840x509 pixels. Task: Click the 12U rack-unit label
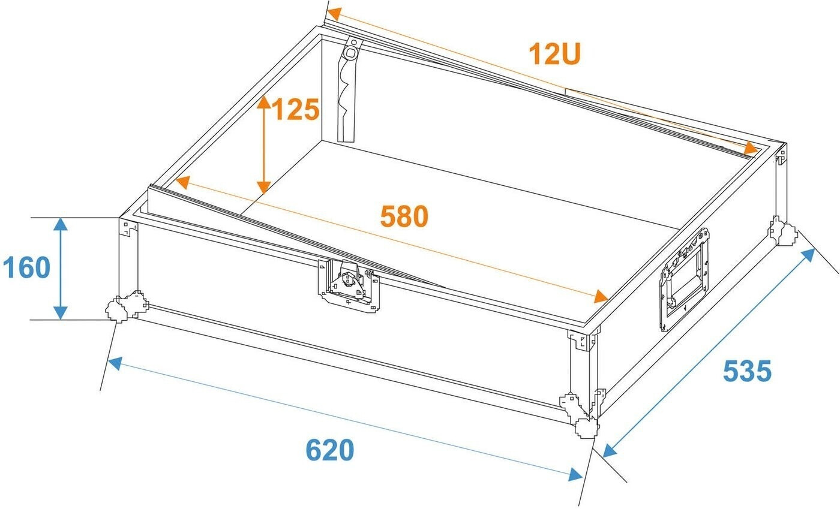(x=554, y=54)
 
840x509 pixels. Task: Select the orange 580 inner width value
(x=404, y=216)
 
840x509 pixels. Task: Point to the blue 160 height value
(x=26, y=267)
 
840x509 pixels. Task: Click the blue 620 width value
(x=329, y=450)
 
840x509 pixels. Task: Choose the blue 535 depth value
(x=747, y=371)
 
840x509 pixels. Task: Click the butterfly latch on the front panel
(x=349, y=285)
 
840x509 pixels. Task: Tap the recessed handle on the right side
(x=684, y=279)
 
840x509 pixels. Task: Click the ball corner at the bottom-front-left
(x=126, y=306)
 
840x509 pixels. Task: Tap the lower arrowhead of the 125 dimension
(x=263, y=188)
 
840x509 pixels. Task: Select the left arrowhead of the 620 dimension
(x=115, y=363)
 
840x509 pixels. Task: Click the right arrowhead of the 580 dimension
(x=601, y=297)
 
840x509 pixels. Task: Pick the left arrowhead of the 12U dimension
(x=334, y=14)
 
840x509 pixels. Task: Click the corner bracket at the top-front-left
(x=128, y=227)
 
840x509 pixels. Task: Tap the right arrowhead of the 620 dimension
(x=575, y=474)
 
